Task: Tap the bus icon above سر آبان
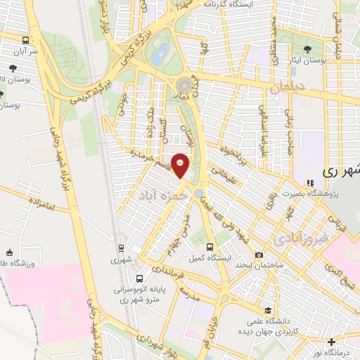click(26, 41)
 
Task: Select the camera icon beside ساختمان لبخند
click(259, 255)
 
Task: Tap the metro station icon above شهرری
click(120, 248)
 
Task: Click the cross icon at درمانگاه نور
click(331, 342)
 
